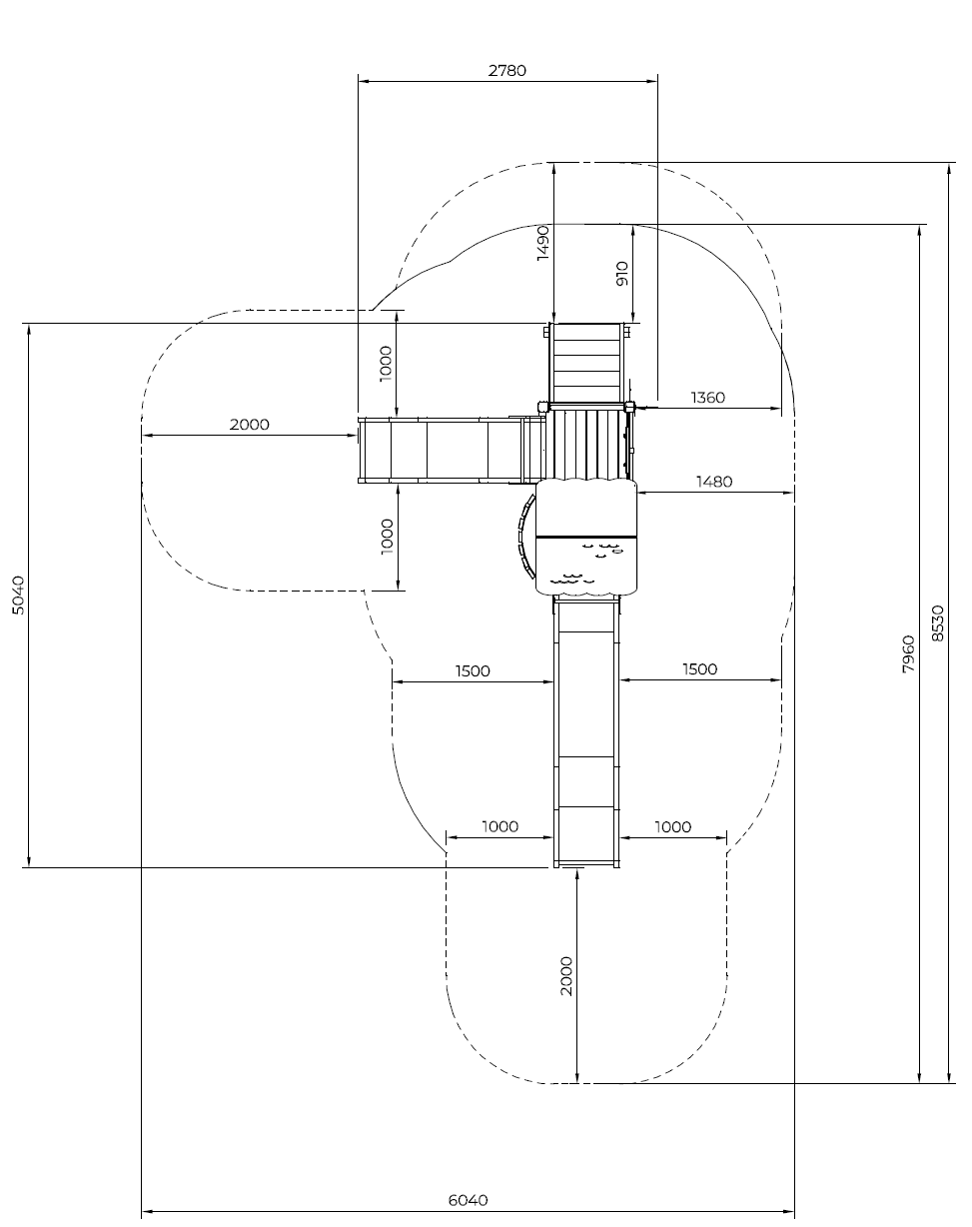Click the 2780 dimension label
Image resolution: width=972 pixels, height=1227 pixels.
tap(506, 71)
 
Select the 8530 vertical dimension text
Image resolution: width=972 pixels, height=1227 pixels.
tap(938, 623)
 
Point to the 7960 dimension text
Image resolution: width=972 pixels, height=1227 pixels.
tap(909, 654)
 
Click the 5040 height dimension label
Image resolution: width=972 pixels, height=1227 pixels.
tap(18, 596)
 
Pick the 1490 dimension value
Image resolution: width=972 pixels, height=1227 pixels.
tap(543, 243)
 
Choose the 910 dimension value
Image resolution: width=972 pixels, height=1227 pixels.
tap(622, 273)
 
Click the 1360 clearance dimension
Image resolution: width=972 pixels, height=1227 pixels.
tap(708, 398)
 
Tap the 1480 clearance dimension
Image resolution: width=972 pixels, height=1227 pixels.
tap(713, 482)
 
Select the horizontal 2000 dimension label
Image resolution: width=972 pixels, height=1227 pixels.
tap(249, 425)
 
